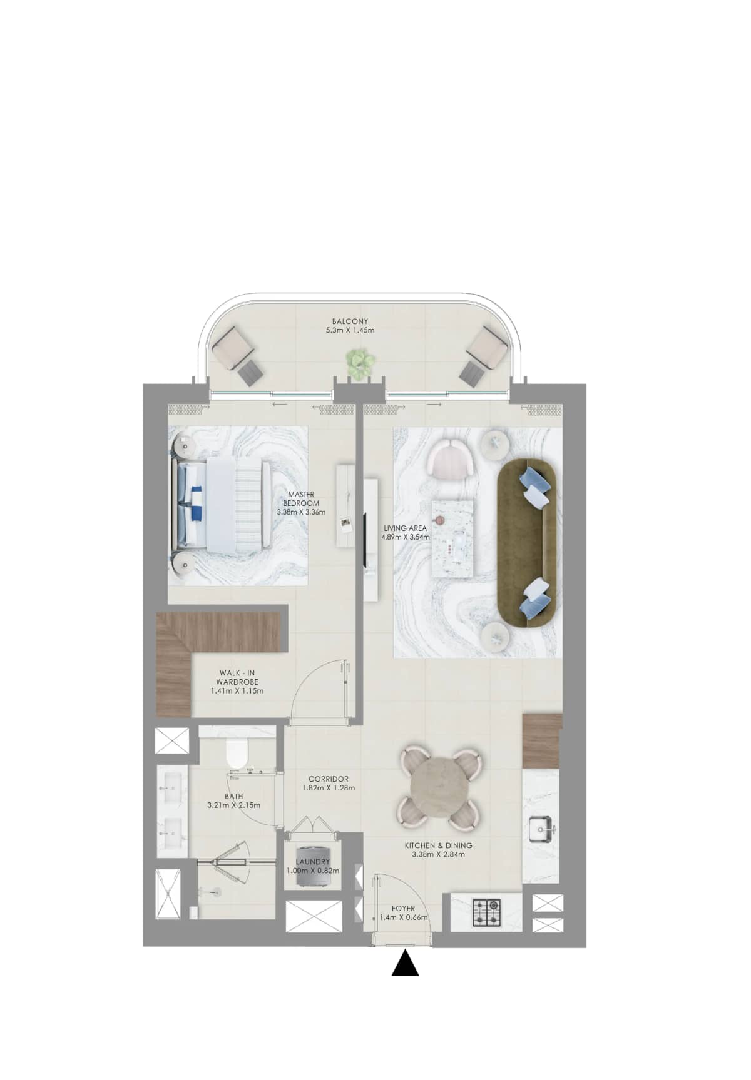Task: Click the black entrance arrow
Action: tap(405, 964)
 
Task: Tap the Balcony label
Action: tap(350, 321)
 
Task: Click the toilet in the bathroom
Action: tap(237, 755)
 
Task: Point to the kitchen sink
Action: tap(540, 831)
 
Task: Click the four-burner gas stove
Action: tap(486, 912)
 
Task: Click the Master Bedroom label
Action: tap(301, 498)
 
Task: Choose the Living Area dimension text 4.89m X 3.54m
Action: tap(406, 537)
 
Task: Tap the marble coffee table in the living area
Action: tap(452, 538)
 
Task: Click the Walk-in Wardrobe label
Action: tap(237, 677)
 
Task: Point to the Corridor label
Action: tap(329, 779)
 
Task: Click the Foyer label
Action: tap(403, 909)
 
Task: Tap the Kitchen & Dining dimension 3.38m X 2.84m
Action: tap(438, 854)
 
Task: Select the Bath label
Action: tap(234, 796)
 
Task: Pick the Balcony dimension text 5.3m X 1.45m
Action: tap(350, 330)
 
